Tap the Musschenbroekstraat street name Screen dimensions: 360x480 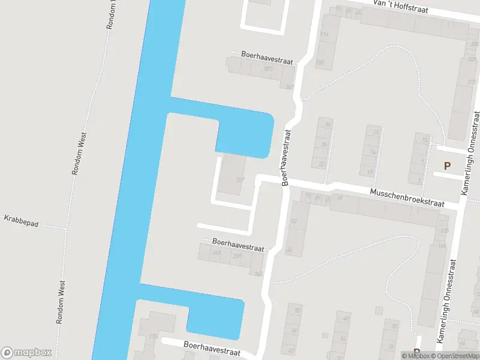coord(407,199)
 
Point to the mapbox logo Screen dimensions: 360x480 coord(26,352)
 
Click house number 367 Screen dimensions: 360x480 coord(290,87)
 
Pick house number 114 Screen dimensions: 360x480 coord(325,34)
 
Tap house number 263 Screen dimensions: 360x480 coord(217,253)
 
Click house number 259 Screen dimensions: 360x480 coord(237,256)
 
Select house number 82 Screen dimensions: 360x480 coord(294,221)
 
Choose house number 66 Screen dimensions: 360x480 coord(289,250)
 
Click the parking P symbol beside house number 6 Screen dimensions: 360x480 coord(446,166)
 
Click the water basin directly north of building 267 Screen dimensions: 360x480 coord(245,135)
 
